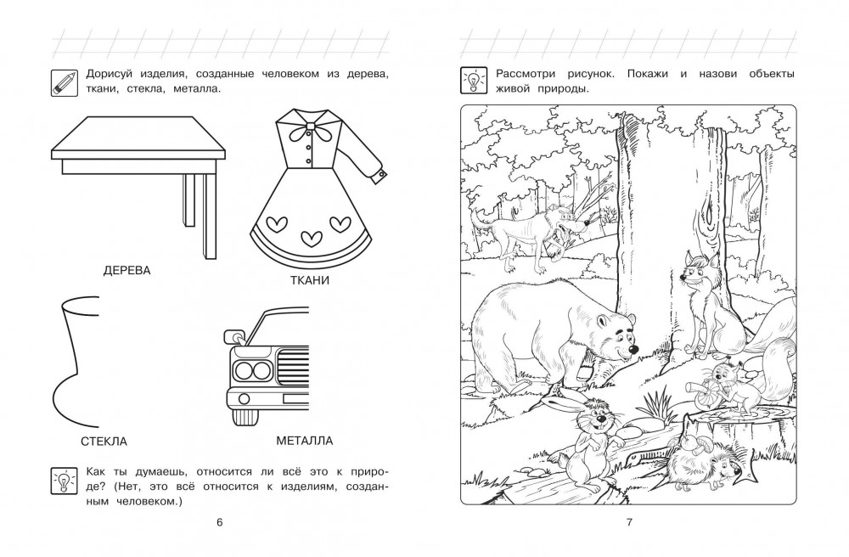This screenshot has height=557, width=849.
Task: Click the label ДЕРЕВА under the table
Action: tap(127, 271)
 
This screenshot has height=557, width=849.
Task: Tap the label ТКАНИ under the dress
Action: tap(310, 280)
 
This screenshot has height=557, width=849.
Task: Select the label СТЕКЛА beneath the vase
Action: tap(104, 442)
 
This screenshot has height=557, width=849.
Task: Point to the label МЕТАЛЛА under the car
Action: tap(304, 441)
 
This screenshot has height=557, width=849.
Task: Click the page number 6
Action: tap(219, 522)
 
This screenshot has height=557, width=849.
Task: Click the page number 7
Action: tap(629, 522)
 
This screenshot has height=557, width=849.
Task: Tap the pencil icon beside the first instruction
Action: tap(65, 83)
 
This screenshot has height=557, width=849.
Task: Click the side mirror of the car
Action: tap(233, 335)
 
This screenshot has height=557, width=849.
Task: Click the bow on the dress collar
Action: tap(310, 132)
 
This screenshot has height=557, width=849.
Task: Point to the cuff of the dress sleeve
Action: tap(381, 175)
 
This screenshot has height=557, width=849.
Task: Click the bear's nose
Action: tap(633, 351)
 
